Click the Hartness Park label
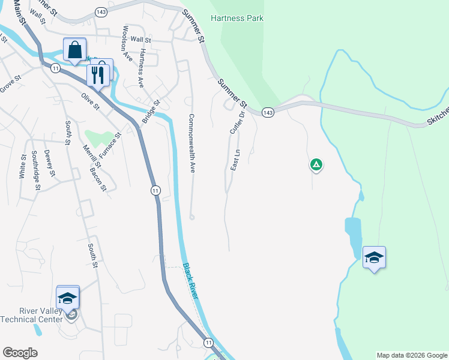237,18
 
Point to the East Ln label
236,160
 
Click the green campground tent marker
316,164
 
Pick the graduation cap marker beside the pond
374,257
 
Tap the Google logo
20,353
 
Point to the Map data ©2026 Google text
412,355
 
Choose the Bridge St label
151,111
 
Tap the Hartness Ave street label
142,69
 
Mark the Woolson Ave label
127,44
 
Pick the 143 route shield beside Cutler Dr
268,113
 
